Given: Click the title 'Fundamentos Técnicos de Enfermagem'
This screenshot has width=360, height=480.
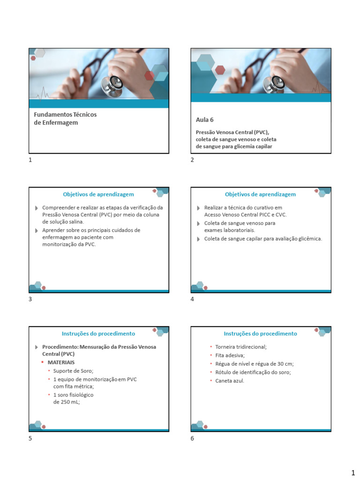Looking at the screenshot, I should tap(65, 119).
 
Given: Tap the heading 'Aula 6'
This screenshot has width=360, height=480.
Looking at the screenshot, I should tap(204, 120).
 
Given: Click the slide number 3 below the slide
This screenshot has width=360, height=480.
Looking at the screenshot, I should tap(30, 300).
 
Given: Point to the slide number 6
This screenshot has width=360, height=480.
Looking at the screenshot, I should tap(192, 439).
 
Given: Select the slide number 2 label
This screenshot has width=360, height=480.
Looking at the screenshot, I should tap(192, 160).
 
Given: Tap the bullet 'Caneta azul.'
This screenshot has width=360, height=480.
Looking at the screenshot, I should tap(230, 381).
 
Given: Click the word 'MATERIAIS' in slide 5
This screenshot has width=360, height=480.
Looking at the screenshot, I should tap(61, 362).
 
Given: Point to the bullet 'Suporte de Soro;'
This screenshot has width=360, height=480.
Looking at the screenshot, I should tap(73, 371).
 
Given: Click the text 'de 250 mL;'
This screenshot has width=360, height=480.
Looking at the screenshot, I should tap(67, 402).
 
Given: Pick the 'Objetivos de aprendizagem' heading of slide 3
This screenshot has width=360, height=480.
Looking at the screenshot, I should tap(98, 194).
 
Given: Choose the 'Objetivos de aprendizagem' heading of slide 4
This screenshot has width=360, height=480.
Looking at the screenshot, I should tap(260, 194).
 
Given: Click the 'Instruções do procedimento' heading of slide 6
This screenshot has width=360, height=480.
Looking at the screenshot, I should tap(260, 334).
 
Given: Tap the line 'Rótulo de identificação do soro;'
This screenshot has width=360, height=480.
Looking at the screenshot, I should tap(253, 372).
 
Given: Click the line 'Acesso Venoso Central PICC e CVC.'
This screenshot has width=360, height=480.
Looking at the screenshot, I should tap(245, 215).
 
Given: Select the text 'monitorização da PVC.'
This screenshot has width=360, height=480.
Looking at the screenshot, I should tap(69, 244).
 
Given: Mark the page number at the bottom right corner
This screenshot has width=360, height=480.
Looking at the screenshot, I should tap(352, 472).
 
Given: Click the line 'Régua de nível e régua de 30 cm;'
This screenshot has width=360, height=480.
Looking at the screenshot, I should tap(255, 364).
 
